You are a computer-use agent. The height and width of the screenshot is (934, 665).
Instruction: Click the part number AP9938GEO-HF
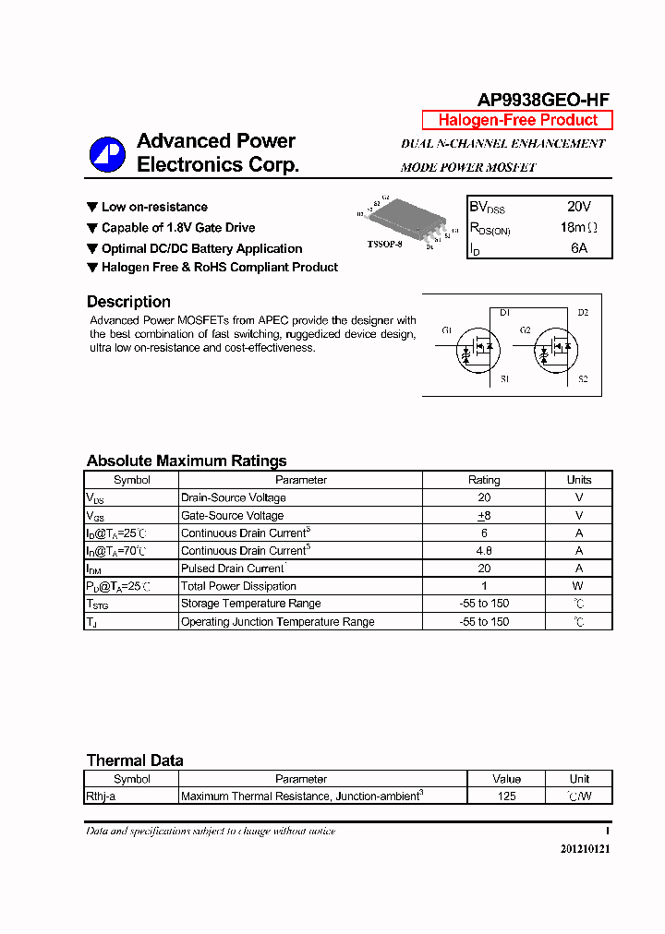point(542,101)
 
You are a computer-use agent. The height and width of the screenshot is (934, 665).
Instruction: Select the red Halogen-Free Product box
point(517,120)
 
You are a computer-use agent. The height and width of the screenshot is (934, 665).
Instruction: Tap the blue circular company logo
point(107,154)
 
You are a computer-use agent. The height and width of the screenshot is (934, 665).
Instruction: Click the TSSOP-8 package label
point(384,245)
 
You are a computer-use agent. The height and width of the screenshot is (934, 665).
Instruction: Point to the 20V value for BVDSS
point(578,208)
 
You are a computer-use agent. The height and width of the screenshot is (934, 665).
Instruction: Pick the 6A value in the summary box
point(578,248)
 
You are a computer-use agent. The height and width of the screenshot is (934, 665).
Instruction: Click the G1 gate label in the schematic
point(447,330)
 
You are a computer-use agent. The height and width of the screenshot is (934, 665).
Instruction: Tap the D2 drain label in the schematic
point(583,313)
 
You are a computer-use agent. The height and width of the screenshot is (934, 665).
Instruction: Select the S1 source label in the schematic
point(504,379)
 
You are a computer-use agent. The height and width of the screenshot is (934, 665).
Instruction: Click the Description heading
point(128,302)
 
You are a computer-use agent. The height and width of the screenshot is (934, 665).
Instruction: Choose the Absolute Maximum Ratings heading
point(187,461)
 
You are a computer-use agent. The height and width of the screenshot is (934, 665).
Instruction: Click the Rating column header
point(484,480)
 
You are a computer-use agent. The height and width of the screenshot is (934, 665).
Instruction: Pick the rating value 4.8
point(484,551)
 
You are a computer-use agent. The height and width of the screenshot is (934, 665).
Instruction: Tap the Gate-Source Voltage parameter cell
point(233,516)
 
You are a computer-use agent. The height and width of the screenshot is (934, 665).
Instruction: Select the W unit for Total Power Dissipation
point(578,586)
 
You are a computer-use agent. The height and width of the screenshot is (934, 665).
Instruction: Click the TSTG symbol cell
point(98,605)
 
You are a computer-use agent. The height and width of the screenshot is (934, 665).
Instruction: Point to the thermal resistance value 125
point(506,796)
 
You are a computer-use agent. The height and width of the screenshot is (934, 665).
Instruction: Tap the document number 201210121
point(585,849)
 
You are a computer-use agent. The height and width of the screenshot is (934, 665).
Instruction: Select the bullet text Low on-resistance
point(154,208)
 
